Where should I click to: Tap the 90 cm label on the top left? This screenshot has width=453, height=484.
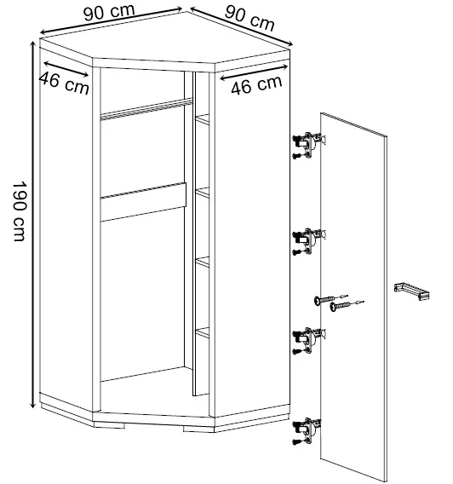(109, 13)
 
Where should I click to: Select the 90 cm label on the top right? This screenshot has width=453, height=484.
(249, 19)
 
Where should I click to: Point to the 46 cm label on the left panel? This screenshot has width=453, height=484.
(64, 83)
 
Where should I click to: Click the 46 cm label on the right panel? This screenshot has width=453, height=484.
(256, 84)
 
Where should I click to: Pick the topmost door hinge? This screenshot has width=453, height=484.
(308, 146)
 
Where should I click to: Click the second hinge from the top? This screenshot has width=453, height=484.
(308, 242)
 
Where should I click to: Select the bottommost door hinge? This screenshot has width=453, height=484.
(307, 431)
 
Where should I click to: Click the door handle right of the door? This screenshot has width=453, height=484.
(411, 291)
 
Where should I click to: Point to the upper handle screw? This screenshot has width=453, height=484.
(330, 299)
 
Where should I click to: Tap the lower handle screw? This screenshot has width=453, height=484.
(347, 306)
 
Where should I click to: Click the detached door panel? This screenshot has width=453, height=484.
(353, 297)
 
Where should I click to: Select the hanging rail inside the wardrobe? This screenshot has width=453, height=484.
(146, 109)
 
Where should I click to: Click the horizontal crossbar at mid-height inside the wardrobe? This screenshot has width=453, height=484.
(143, 202)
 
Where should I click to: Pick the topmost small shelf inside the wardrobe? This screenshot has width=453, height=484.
(203, 119)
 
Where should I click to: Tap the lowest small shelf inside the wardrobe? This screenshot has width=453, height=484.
(203, 332)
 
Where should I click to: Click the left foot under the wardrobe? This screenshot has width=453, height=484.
(109, 424)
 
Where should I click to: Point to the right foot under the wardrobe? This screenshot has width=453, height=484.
(198, 429)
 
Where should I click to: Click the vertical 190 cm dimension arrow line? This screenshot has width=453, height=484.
(32, 225)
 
